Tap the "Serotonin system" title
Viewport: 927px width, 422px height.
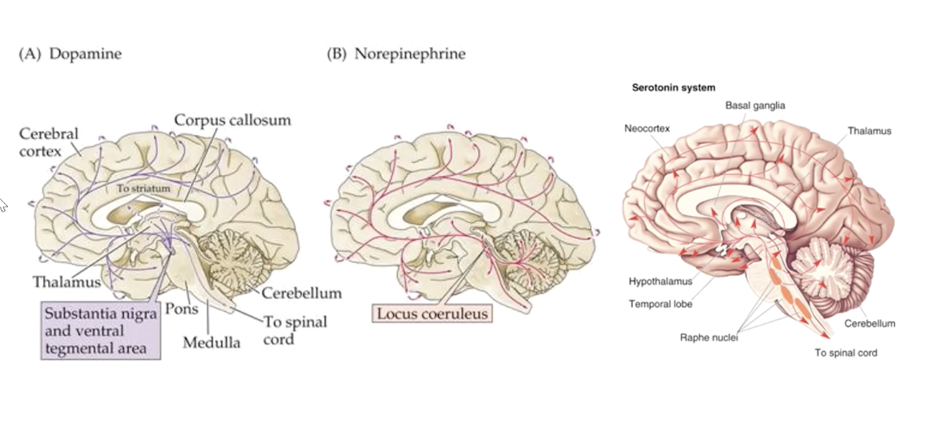673,87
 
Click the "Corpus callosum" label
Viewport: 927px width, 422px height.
233,120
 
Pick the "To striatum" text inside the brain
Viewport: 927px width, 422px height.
139,189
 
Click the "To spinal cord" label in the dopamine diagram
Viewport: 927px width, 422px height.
293,330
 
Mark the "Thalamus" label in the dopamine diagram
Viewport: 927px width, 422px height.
67,281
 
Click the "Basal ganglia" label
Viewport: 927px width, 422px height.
755,105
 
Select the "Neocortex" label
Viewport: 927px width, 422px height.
647,128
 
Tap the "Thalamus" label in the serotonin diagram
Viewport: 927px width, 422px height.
869,130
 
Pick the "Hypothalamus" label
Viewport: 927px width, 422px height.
660,281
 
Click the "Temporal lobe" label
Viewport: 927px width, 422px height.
660,304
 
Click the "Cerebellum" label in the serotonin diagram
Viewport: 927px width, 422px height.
869,324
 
